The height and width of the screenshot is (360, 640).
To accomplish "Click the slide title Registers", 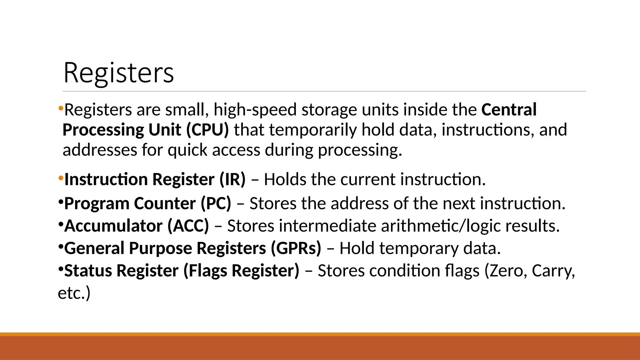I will pos(118,72).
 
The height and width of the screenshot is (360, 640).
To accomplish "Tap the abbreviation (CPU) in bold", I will pos(208,130).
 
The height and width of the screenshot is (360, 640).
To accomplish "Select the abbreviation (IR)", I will pos(232,179).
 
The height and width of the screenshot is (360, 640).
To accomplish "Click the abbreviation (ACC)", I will pos(188,226).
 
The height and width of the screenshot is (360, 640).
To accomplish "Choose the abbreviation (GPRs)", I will pos(296,248).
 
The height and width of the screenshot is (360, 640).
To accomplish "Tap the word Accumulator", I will pos(113,226).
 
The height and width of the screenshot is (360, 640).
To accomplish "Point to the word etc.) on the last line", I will pos(74,293).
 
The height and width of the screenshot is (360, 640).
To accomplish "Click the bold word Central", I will pos(509,109).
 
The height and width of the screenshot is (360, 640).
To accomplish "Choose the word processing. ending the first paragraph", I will pos(360,150).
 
